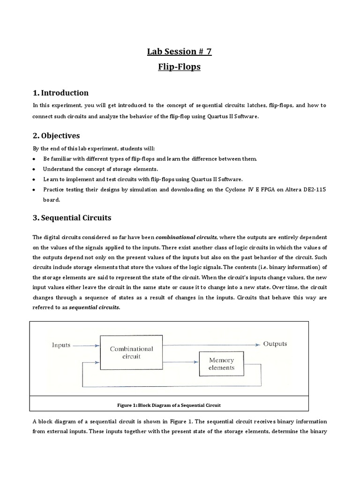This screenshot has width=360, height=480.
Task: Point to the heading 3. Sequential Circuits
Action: (72, 218)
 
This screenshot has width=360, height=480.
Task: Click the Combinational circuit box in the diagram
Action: (131, 352)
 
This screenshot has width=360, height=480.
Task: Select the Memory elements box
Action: (222, 364)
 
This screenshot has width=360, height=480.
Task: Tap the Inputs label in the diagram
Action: (61, 345)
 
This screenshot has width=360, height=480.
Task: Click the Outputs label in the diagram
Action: (275, 344)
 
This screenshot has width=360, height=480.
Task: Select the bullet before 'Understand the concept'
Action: (34, 169)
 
